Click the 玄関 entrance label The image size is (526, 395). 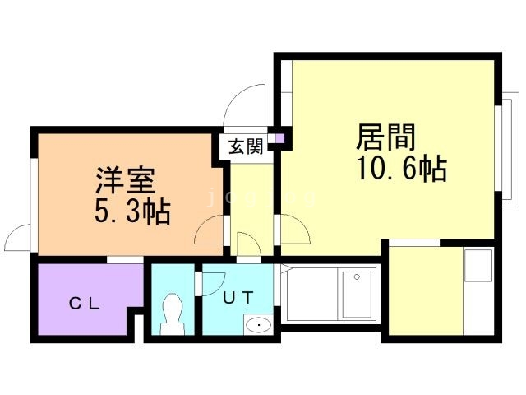click(245, 147)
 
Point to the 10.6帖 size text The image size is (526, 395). click(401, 170)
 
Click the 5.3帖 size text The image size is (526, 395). click(131, 213)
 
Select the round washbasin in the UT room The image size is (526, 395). click(258, 324)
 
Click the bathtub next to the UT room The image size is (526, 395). click(329, 295)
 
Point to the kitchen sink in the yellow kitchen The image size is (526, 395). click(477, 265)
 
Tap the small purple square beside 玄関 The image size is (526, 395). click(279, 137)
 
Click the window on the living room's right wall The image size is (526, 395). click(508, 148)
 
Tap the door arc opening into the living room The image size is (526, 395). click(293, 231)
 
